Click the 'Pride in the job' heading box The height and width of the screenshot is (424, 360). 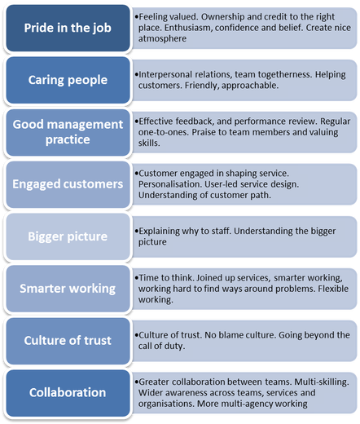pyautogui.click(x=68, y=28)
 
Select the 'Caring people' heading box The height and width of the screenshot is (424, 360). pyautogui.click(x=68, y=80)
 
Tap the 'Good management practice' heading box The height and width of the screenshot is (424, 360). pyautogui.click(x=68, y=132)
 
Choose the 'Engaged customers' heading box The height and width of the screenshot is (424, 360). pyautogui.click(x=68, y=184)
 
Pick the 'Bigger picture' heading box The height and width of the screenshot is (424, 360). pyautogui.click(x=68, y=236)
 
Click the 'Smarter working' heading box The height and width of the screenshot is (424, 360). pyautogui.click(x=68, y=289)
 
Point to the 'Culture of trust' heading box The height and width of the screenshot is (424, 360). pyautogui.click(x=68, y=341)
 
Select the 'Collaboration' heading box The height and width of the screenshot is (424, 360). pyautogui.click(x=68, y=393)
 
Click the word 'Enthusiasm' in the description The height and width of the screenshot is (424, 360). pyautogui.click(x=187, y=28)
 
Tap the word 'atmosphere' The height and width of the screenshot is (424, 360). pyautogui.click(x=162, y=38)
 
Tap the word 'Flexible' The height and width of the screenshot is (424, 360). pyautogui.click(x=333, y=289)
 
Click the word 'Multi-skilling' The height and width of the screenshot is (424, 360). pyautogui.click(x=322, y=382)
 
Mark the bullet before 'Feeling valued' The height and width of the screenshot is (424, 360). pyautogui.click(x=137, y=17)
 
